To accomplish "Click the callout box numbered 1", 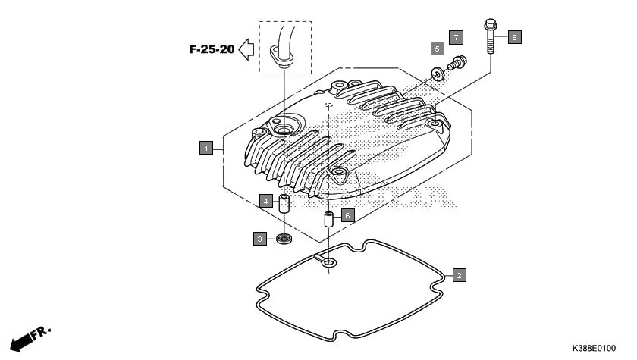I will [x=206, y=148].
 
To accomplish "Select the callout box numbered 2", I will [x=459, y=275].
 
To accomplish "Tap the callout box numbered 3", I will [x=260, y=239].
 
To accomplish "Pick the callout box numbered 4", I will [x=265, y=201].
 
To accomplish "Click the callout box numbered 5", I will [x=437, y=49].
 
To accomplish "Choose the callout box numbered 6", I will [x=347, y=215].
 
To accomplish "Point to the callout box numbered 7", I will [x=455, y=37].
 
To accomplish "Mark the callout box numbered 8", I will [x=514, y=36].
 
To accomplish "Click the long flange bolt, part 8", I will [x=489, y=37].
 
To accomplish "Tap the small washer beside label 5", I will [x=438, y=73].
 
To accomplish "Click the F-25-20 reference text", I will [x=211, y=50].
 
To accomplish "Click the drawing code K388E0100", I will [x=594, y=348].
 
